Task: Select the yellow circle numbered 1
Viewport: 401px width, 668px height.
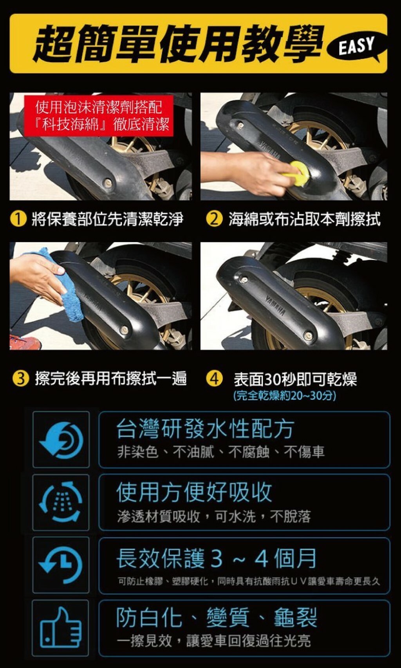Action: point(18,219)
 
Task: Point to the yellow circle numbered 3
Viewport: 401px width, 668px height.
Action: point(21,378)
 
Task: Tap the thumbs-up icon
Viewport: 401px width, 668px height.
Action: point(61,627)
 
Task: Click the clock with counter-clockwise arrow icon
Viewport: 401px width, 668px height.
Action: point(61,565)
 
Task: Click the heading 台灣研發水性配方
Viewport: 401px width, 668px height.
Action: point(205,429)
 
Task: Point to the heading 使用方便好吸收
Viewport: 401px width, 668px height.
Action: point(194,492)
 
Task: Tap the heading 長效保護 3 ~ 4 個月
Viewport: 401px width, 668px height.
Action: point(216,558)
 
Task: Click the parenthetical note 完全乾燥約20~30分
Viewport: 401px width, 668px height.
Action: point(285,396)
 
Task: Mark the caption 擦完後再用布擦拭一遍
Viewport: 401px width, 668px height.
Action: point(111,379)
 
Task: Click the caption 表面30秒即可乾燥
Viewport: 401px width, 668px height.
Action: point(295,379)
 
